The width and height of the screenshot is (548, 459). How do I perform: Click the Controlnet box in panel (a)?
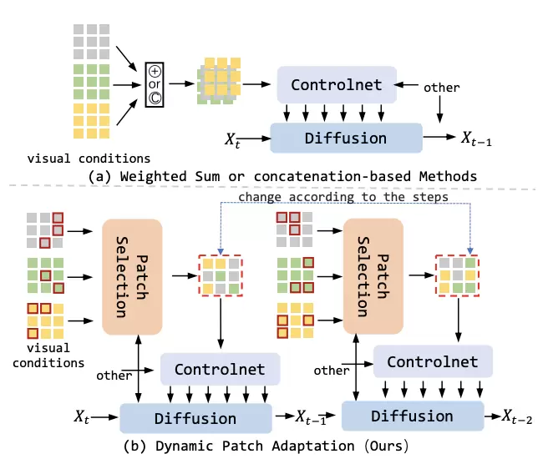(x=336, y=84)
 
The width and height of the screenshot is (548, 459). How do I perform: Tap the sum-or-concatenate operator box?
(x=155, y=84)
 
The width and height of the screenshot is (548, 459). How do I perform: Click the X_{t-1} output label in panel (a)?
(x=476, y=137)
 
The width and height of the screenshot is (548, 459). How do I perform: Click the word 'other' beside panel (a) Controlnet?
(x=441, y=86)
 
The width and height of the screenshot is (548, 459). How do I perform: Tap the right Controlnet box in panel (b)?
(x=432, y=361)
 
